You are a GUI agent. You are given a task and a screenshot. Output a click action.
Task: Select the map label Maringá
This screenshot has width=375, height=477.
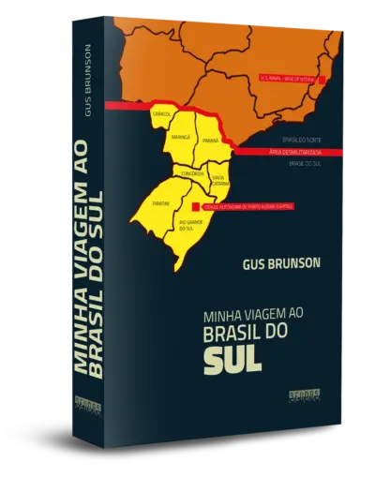click(x=180, y=137)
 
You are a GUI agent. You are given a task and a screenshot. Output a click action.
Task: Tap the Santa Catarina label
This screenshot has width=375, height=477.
click(x=217, y=177)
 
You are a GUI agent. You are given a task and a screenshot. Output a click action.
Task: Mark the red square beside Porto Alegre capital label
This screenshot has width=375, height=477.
click(x=194, y=206)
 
